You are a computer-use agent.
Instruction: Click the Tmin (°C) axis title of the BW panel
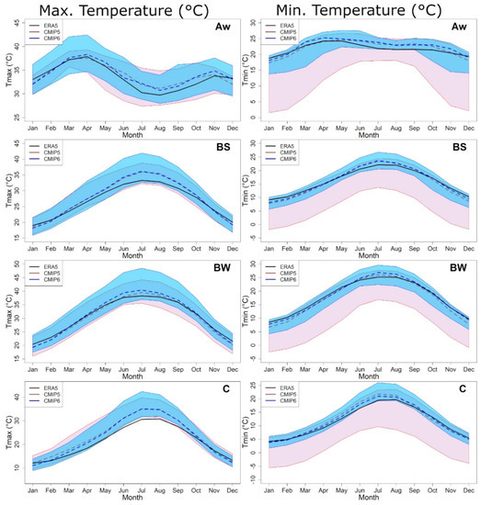pos(248,309)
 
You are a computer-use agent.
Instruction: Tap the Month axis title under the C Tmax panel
pos(132,497)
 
